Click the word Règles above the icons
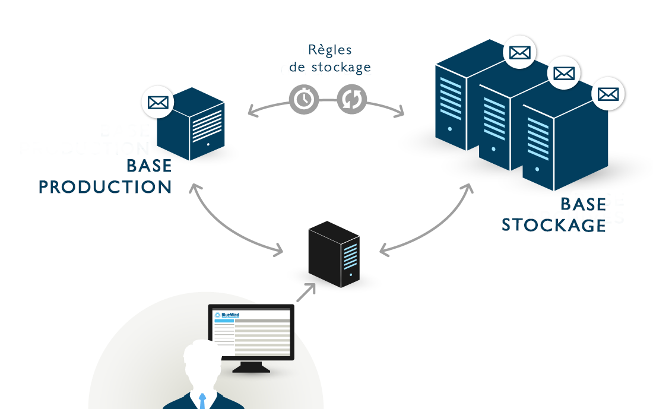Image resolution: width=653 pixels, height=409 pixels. click(x=330, y=50)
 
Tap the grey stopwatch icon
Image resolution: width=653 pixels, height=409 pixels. click(x=304, y=99)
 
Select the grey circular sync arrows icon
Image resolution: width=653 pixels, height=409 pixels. click(x=351, y=99)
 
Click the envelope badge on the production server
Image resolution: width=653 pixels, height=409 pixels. click(x=158, y=102)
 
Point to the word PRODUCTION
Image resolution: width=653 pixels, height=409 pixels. click(x=106, y=187)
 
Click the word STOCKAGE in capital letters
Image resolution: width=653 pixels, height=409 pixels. click(x=554, y=226)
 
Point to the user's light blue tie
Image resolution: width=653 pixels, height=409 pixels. click(x=202, y=401)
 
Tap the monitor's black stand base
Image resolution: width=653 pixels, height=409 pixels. click(x=251, y=368)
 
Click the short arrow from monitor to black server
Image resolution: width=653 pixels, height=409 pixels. click(x=306, y=293)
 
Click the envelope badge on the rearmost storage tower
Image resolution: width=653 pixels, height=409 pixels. click(x=519, y=53)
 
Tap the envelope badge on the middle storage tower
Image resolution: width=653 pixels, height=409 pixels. click(x=563, y=74)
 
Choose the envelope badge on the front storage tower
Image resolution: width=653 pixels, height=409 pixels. click(x=608, y=94)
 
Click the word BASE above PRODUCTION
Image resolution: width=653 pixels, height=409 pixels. click(x=149, y=166)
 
